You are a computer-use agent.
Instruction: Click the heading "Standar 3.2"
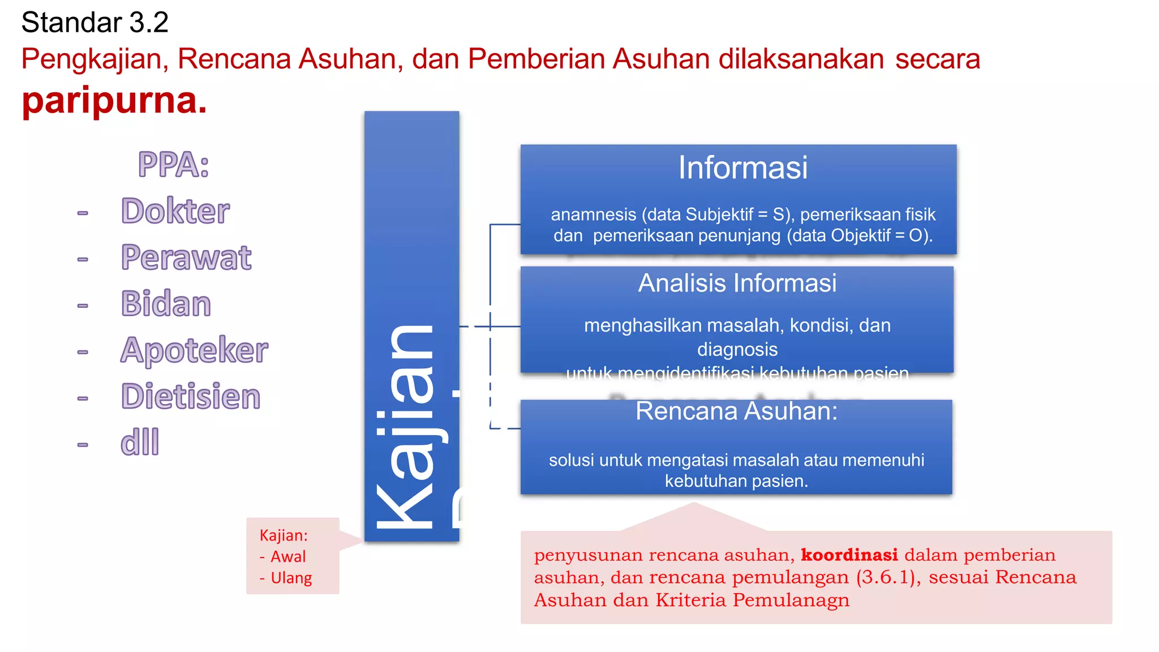(x=95, y=23)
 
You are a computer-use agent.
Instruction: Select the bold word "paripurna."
(x=114, y=100)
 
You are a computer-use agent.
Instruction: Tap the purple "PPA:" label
(x=174, y=165)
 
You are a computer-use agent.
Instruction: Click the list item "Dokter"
(x=175, y=211)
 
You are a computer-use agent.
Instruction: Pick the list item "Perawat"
(x=186, y=258)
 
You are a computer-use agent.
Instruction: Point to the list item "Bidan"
(x=166, y=304)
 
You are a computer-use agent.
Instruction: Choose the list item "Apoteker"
(x=194, y=350)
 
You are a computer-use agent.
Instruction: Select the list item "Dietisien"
(x=191, y=396)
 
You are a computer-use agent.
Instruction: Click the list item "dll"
(x=140, y=443)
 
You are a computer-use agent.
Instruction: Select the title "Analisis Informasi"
(x=737, y=283)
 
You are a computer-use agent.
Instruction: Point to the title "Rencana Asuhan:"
(x=736, y=411)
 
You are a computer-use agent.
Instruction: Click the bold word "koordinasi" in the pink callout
(x=849, y=555)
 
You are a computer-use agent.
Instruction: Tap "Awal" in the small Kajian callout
(x=288, y=557)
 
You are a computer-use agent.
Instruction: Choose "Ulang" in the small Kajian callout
(x=291, y=578)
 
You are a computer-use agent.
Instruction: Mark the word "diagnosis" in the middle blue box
(x=737, y=350)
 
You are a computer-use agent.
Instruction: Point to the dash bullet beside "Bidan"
(x=83, y=306)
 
